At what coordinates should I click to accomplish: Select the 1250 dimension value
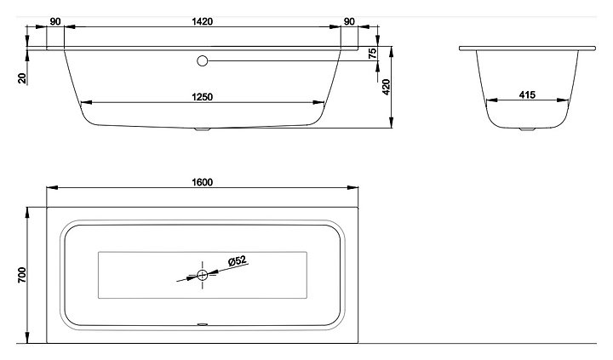(203, 96)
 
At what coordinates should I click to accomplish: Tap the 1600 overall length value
(201, 180)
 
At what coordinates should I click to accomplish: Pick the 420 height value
(385, 87)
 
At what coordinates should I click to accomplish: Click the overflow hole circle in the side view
(202, 60)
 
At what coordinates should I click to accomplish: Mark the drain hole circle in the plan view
(203, 274)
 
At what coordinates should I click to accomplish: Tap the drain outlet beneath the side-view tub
(202, 130)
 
